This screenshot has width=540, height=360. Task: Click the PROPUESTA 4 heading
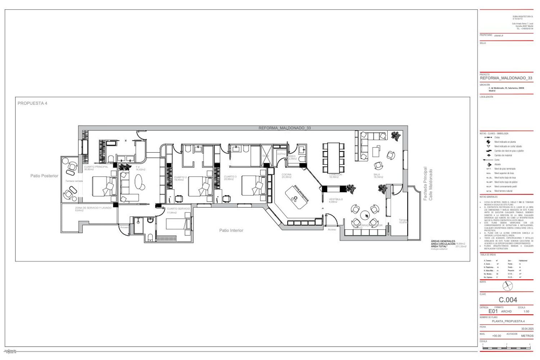click(x=32, y=103)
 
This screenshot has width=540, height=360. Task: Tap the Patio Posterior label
click(x=44, y=176)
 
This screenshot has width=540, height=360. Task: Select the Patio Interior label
click(x=231, y=230)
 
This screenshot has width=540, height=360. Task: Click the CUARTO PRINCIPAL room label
click(x=96, y=167)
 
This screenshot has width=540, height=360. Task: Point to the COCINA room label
click(x=287, y=175)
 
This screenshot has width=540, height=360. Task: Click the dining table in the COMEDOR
click(x=333, y=158)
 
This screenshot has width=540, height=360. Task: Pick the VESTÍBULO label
click(x=336, y=199)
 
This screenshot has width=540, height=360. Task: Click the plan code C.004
click(x=508, y=300)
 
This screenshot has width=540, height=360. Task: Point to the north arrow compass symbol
click(x=508, y=286)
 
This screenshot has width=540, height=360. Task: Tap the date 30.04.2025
click(x=527, y=329)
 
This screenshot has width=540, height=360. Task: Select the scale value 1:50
click(x=526, y=311)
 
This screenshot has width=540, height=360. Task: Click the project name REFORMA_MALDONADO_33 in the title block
click(x=506, y=78)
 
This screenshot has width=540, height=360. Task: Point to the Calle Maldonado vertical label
click(x=431, y=184)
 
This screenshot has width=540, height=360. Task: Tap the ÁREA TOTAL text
click(x=439, y=246)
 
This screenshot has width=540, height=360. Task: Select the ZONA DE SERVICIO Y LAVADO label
click(x=93, y=208)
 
